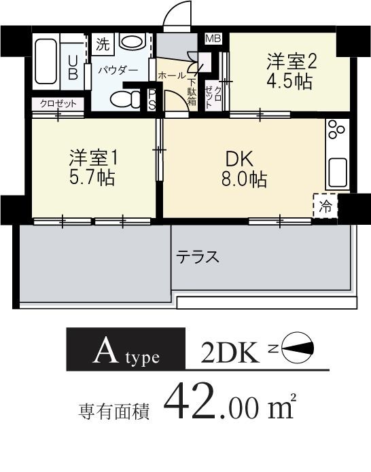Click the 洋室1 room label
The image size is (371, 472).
coord(93,158)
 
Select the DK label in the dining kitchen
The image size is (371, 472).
coord(239,160)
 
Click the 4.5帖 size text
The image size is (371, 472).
coord(289,82)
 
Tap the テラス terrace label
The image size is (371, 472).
coord(198,257)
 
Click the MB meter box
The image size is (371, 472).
coord(213,39)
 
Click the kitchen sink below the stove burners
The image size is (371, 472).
coord(337,173)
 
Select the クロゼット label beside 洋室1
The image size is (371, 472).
coord(57,104)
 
